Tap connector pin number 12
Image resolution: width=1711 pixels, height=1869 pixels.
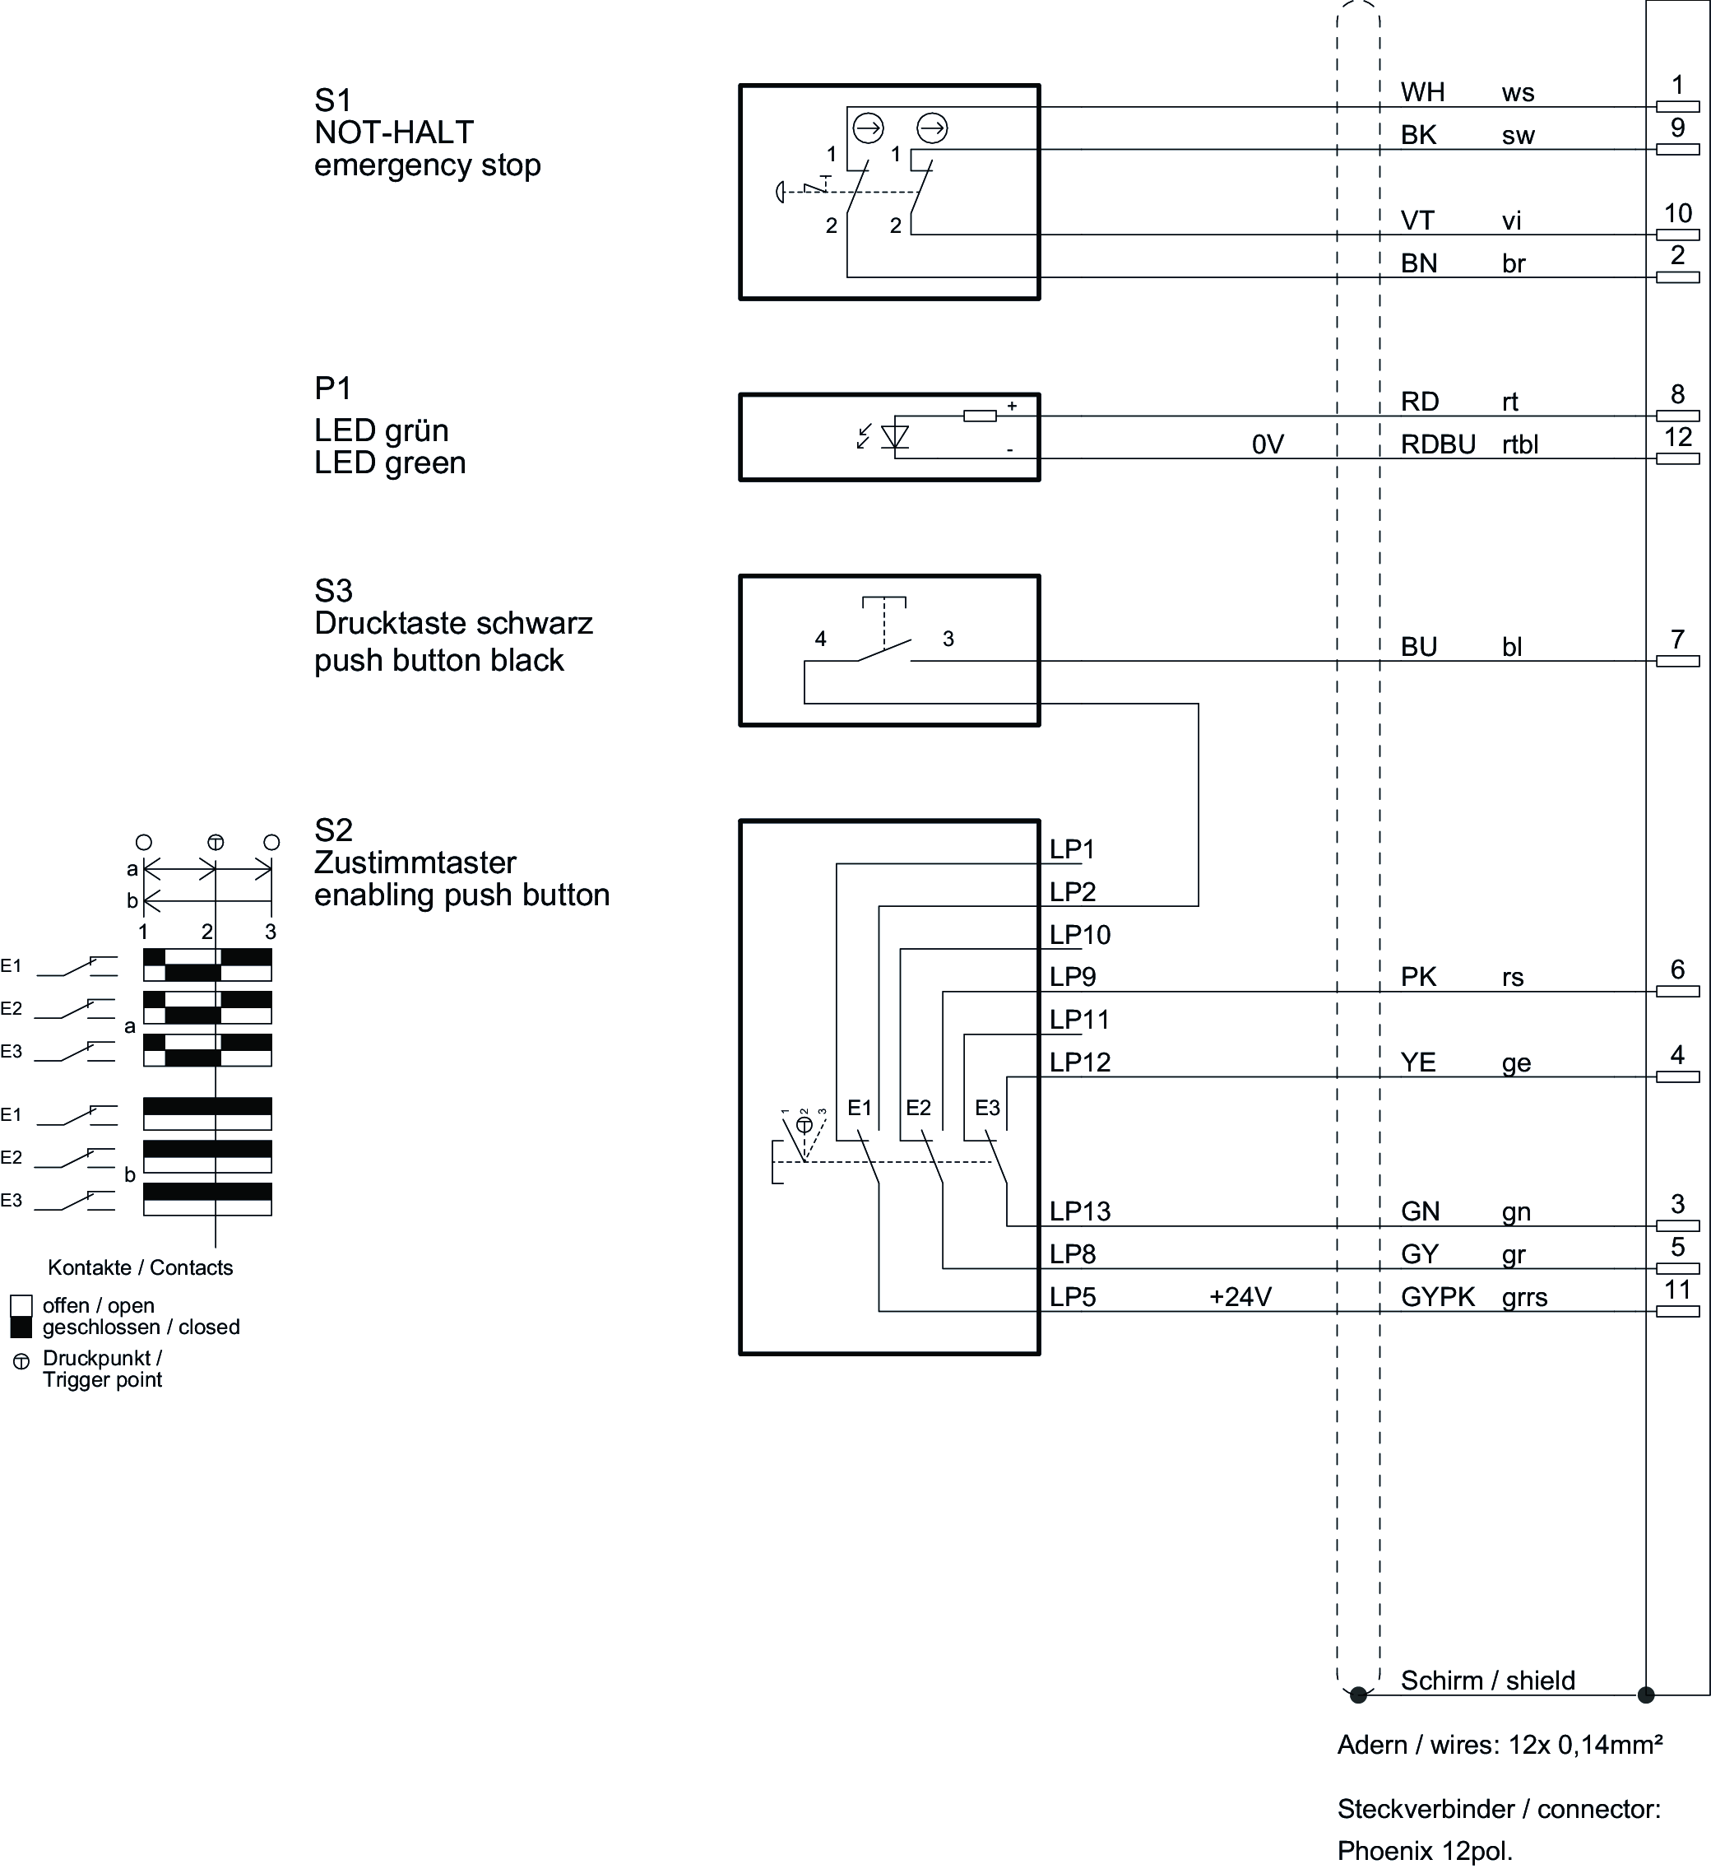[1677, 437]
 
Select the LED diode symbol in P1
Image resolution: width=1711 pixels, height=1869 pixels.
[895, 437]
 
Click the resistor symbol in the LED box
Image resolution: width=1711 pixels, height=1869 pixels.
[980, 416]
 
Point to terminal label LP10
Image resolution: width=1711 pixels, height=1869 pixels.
[1080, 935]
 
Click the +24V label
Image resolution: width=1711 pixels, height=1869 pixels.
[1240, 1297]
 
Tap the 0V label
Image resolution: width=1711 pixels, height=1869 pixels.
[1267, 445]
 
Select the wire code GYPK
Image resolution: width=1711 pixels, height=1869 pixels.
[1438, 1297]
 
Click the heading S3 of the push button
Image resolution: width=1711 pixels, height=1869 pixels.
[334, 591]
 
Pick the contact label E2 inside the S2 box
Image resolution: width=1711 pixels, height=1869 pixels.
[917, 1108]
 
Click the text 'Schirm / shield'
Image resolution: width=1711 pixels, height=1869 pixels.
[1487, 1681]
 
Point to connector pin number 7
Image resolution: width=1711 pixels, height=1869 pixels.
[1677, 639]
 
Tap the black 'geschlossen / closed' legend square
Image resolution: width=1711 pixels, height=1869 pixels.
[21, 1327]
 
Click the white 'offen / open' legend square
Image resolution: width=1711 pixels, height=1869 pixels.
[21, 1306]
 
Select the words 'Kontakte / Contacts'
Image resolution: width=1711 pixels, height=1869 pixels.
[141, 1267]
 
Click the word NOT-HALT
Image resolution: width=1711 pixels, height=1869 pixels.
[394, 133]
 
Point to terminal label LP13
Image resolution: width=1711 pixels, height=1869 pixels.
[1080, 1211]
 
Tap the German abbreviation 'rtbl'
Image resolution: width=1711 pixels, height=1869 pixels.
[1520, 445]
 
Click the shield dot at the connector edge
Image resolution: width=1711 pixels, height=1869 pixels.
[1646, 1695]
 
